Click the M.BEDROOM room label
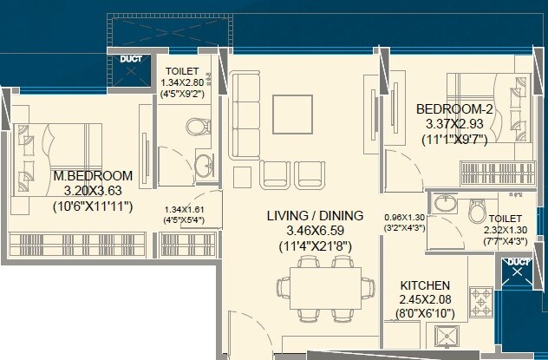point(93,174)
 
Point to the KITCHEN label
point(424,285)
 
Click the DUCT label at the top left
point(132,60)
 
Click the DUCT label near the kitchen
point(518,260)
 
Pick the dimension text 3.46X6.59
point(311,231)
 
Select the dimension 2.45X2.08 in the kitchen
point(424,299)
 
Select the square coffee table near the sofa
point(289,110)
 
